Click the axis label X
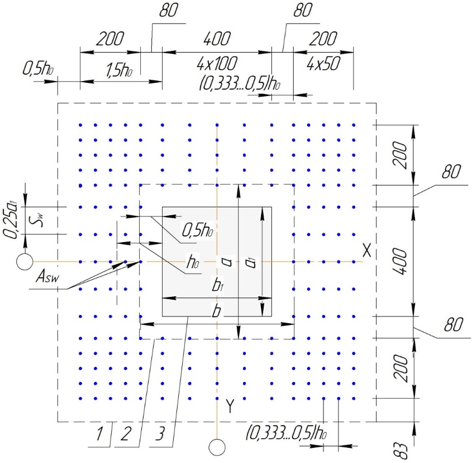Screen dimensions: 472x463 366,250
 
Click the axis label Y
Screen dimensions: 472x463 230,406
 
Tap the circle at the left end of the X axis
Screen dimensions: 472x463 25,262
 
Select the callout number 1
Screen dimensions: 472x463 99,433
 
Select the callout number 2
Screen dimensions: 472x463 126,433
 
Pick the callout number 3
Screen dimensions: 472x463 160,433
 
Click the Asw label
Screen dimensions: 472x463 47,276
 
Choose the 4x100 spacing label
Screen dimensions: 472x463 217,63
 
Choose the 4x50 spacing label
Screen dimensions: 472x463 323,63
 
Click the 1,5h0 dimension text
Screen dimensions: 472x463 119,70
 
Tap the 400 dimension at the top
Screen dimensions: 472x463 217,39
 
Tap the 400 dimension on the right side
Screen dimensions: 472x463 401,261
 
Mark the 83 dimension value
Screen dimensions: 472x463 401,451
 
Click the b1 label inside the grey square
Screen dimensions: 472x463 217,285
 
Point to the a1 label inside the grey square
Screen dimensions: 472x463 250,262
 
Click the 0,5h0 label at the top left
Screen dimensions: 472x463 38,69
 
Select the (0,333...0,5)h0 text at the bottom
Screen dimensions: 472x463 286,433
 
